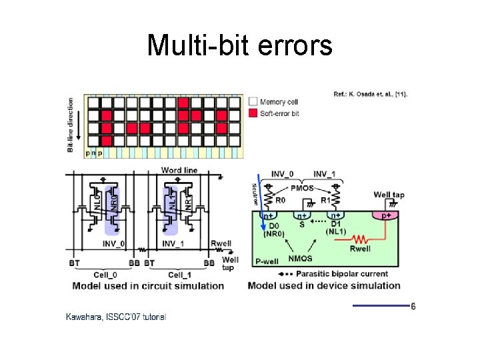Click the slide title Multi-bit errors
(239, 46)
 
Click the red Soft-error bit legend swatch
(253, 113)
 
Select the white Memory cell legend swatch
(253, 102)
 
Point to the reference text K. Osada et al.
(371, 93)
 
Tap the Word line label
(179, 171)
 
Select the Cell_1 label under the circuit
(179, 275)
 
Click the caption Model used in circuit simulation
(149, 286)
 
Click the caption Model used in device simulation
(324, 286)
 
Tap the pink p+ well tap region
(385, 215)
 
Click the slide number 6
(413, 307)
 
